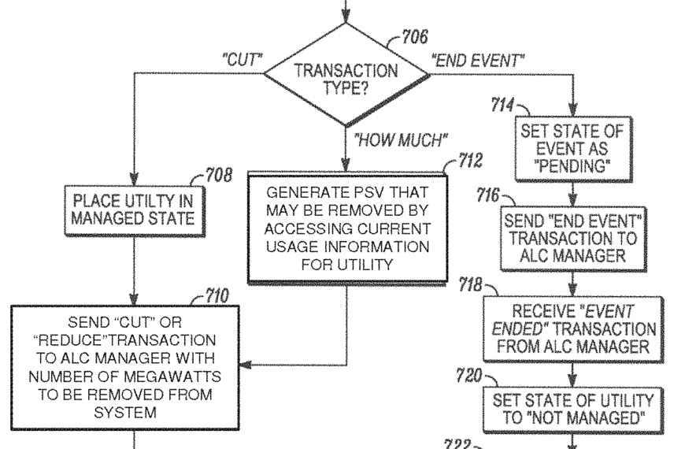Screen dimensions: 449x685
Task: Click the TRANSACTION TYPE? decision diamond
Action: (x=346, y=75)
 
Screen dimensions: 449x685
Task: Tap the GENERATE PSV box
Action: (x=347, y=228)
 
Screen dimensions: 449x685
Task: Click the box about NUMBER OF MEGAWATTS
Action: (x=124, y=366)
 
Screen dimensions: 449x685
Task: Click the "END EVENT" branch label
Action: (x=479, y=60)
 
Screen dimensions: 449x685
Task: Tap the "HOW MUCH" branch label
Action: (x=401, y=140)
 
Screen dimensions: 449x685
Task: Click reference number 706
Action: (x=415, y=37)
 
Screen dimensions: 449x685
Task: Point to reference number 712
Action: (x=470, y=163)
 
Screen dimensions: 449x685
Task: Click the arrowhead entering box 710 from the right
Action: (x=246, y=366)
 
